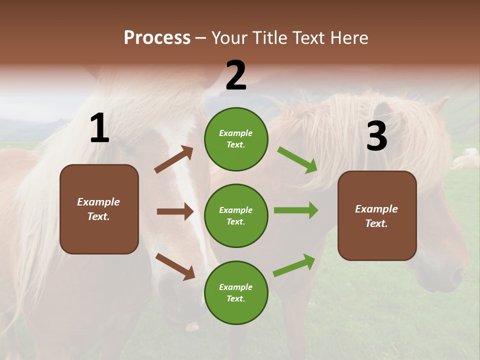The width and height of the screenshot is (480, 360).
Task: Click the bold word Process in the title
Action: pos(157,38)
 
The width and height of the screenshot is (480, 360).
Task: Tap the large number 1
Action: pos(99,128)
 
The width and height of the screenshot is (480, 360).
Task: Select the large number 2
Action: pos(236,75)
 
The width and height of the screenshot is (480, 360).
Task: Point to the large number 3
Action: pos(376,136)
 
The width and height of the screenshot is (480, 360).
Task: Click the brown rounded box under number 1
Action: pos(99,209)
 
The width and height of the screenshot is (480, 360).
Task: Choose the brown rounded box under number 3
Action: pos(377,216)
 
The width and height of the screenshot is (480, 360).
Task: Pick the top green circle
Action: pos(236,139)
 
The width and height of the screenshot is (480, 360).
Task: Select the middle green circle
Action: pos(236,215)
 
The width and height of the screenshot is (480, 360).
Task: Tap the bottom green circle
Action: pos(236,292)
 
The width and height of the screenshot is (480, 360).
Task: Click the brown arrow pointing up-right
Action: pos(174,159)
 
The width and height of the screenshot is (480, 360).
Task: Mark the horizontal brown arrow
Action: pos(175,211)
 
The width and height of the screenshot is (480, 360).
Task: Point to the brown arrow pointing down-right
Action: pos(175,266)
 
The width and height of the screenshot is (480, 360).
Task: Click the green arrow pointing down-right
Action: pos(297,159)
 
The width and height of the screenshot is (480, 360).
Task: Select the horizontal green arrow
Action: pos(295,210)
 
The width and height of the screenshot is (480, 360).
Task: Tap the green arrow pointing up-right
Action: pos(294,265)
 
